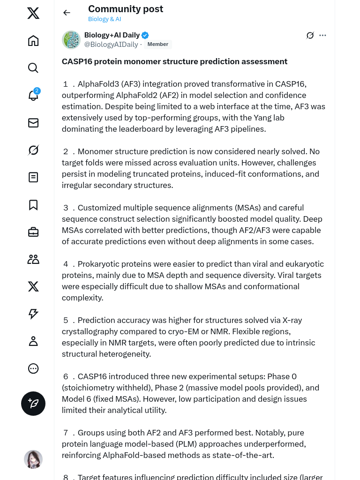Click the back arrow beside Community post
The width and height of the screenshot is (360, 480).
click(x=67, y=13)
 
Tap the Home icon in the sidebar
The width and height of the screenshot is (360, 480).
click(x=33, y=41)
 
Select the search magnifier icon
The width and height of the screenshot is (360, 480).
click(x=33, y=68)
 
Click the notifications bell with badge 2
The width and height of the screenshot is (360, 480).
click(x=33, y=95)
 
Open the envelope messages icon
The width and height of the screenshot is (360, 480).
click(x=33, y=123)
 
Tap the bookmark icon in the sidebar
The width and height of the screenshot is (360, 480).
click(x=33, y=205)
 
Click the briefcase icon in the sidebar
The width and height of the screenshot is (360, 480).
click(x=33, y=232)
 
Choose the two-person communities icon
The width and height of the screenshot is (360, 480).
click(x=33, y=259)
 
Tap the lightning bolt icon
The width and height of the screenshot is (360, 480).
click(x=33, y=314)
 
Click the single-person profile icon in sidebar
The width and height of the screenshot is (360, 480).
click(x=33, y=341)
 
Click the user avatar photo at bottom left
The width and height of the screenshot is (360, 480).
click(x=33, y=459)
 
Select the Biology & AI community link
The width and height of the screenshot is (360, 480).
click(x=105, y=19)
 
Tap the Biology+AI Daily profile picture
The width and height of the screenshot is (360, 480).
click(x=71, y=40)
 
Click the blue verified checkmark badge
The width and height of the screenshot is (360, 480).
click(x=145, y=35)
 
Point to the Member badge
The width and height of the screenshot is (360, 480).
click(x=158, y=44)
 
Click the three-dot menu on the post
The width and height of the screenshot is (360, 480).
click(x=322, y=35)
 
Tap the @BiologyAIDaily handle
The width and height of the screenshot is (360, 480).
click(x=111, y=45)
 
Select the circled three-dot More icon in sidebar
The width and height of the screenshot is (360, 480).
click(x=33, y=368)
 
